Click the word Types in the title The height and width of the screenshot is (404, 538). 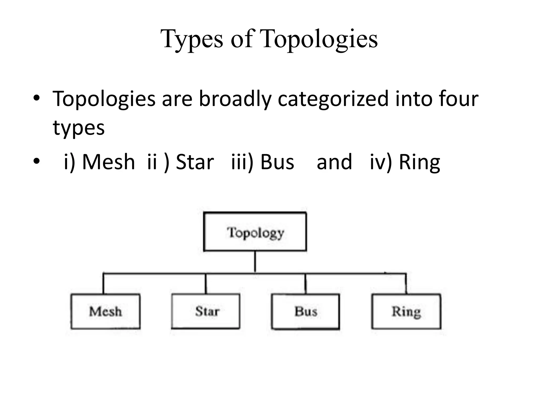coord(192,39)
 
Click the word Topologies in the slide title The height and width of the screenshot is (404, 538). coord(320,39)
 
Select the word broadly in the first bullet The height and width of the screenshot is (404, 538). coord(235,99)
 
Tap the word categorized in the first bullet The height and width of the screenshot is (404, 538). coord(333,99)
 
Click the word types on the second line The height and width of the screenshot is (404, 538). coord(79,128)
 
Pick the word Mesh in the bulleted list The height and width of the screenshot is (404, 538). coord(108,162)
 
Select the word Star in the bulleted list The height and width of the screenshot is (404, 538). coord(195,162)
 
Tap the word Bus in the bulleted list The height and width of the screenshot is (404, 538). coord(277,162)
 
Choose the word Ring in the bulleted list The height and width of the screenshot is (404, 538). coord(419,162)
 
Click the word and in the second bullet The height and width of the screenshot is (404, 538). coord(334,162)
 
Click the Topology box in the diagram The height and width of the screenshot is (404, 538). coord(255,231)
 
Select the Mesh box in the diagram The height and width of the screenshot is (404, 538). coord(105,311)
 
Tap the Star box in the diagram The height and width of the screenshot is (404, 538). coord(205,311)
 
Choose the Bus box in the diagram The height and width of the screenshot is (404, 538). coord(306,311)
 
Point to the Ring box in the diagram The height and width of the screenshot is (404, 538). coord(406,311)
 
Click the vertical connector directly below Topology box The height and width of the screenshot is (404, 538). coord(255,262)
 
